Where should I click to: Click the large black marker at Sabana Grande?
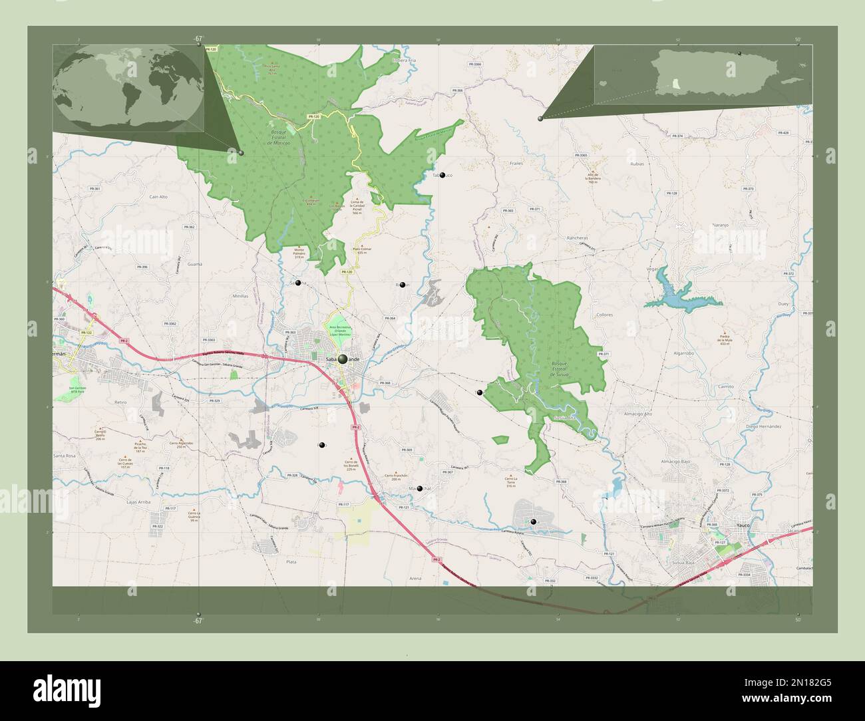[343, 359]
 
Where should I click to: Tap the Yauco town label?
[744, 525]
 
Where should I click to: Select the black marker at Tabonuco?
[442, 176]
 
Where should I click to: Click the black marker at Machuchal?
[420, 489]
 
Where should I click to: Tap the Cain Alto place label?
[158, 197]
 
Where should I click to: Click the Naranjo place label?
[721, 225]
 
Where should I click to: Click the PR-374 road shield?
[678, 136]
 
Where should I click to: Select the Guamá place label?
[195, 264]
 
